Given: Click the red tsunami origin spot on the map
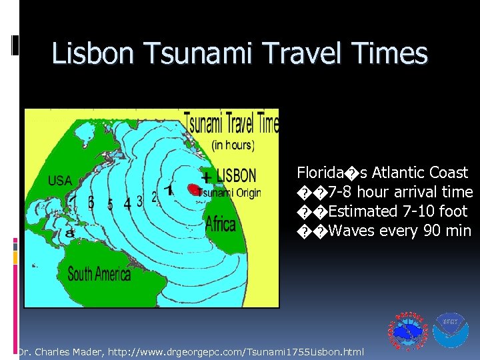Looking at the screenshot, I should [x=194, y=190].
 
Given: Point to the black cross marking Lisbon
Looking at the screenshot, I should [x=207, y=177].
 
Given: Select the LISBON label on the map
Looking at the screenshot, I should [x=236, y=176].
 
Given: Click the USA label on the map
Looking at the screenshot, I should [x=60, y=181].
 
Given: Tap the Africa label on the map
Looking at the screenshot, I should [x=220, y=224].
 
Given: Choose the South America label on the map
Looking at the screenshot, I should [x=99, y=273].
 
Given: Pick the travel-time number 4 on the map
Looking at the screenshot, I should [x=127, y=204].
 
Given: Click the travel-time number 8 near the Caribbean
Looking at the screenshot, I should [x=69, y=233].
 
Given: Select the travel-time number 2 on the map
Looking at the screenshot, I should [x=155, y=197].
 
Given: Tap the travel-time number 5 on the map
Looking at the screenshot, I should [x=110, y=203].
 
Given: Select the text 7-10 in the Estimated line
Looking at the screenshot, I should [x=414, y=211].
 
